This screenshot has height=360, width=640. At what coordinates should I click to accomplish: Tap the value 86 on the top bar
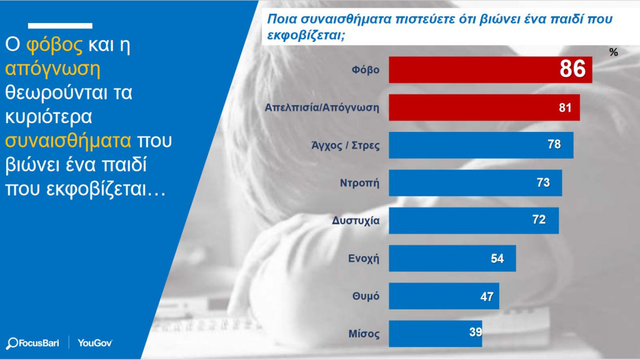572,69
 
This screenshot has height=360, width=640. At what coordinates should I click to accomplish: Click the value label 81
566,107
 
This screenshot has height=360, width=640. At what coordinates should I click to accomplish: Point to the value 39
476,333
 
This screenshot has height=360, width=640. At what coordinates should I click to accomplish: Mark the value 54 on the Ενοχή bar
497,258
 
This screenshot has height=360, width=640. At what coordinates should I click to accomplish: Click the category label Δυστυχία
356,220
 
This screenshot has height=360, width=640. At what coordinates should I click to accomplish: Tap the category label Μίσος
365,333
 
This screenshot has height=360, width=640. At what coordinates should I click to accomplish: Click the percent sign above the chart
613,52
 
